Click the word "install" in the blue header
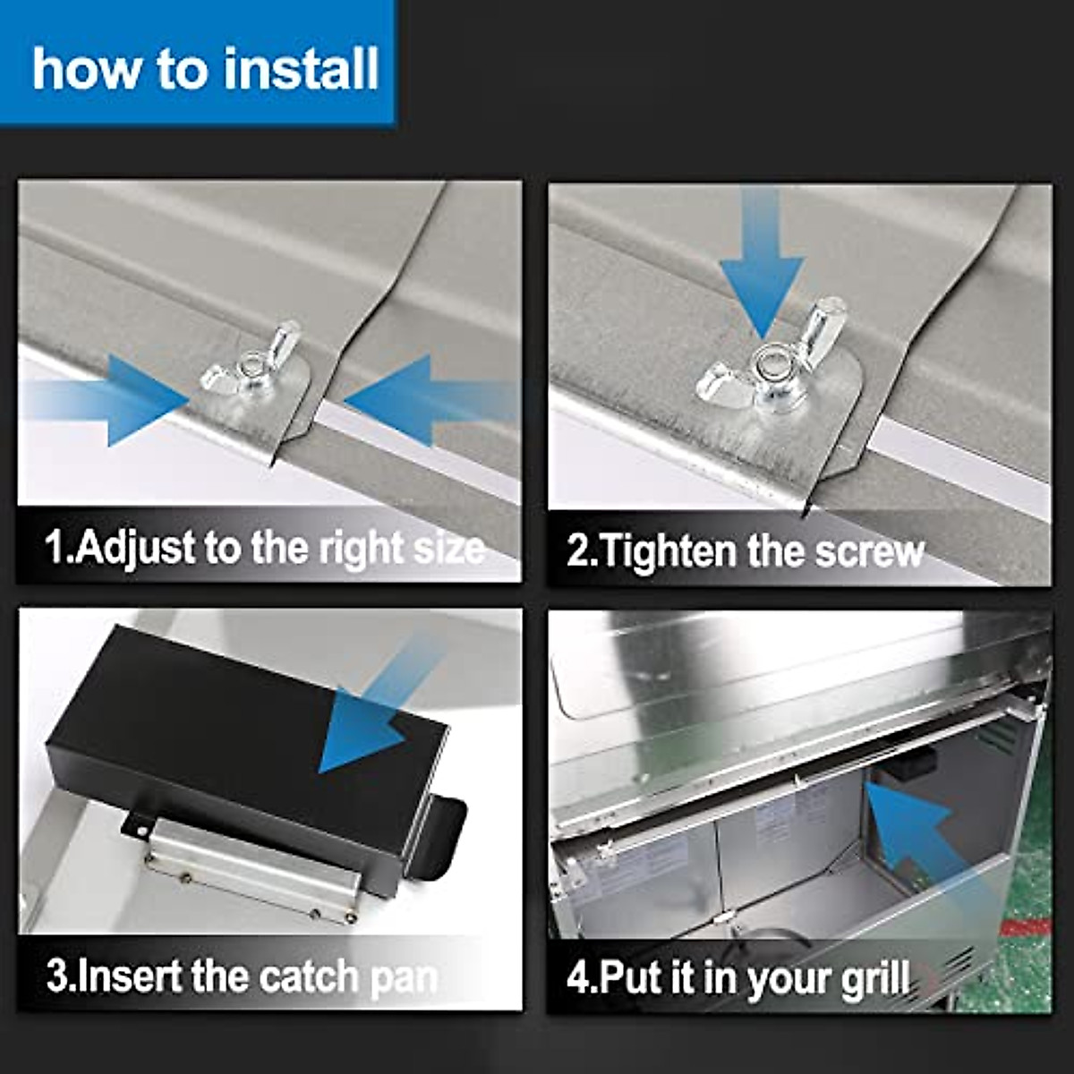click(302, 69)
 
